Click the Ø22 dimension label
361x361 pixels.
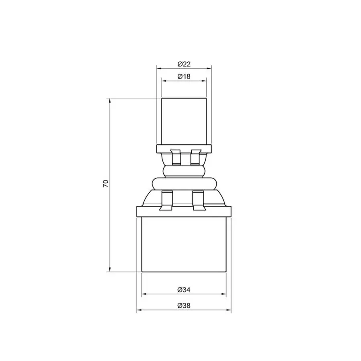tap(184, 64)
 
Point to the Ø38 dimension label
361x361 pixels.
tap(184, 306)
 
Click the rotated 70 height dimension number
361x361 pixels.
tap(105, 184)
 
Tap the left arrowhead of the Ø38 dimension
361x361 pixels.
tap(140, 310)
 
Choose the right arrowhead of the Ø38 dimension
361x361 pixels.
tap(229, 310)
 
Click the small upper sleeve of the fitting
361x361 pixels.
tap(184, 120)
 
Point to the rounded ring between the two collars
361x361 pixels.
tap(184, 172)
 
